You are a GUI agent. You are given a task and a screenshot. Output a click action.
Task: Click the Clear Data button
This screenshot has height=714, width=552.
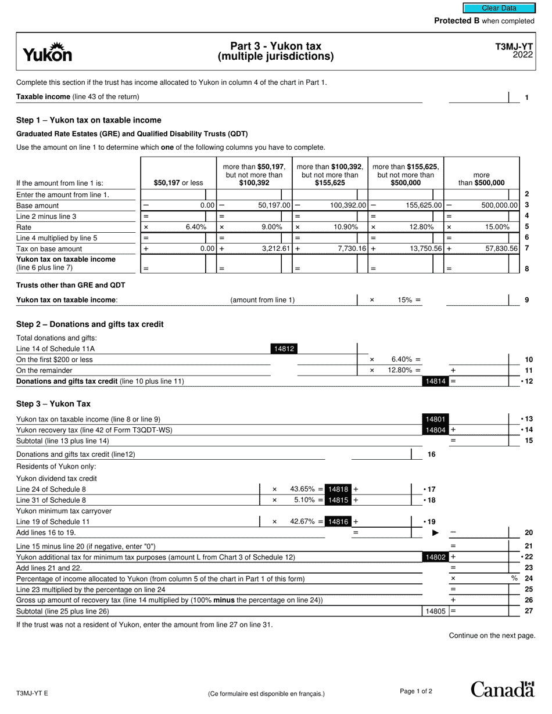coord(499,8)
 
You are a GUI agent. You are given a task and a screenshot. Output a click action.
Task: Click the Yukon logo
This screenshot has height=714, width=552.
coord(48,52)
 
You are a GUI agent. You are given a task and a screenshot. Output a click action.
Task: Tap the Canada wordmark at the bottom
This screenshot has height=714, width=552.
coord(502,689)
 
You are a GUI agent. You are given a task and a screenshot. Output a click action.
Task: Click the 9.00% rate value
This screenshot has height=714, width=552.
coord(271,227)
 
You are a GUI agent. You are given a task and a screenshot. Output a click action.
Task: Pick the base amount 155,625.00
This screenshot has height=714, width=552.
coord(415,205)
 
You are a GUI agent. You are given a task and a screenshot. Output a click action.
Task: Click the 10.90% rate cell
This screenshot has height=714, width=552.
coord(346,227)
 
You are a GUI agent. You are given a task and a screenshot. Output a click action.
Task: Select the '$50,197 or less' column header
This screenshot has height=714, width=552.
coord(178,183)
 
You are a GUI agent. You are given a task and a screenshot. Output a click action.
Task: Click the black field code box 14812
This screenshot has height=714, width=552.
coord(284,349)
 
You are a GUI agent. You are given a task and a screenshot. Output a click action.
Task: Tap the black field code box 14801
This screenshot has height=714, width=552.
coord(435,419)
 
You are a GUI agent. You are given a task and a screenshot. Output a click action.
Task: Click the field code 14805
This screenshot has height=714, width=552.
coord(435,611)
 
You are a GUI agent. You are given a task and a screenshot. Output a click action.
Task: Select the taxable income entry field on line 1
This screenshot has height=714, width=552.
coord(478,98)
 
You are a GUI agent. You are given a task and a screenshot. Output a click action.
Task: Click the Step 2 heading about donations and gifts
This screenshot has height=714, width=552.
coord(90,324)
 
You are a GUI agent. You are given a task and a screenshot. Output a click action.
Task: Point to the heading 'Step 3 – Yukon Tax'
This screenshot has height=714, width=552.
coord(53,404)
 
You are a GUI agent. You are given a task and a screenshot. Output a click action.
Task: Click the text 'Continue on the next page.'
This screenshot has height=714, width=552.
coord(492,636)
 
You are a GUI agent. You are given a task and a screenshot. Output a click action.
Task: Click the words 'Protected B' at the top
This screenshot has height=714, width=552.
coord(457,21)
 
